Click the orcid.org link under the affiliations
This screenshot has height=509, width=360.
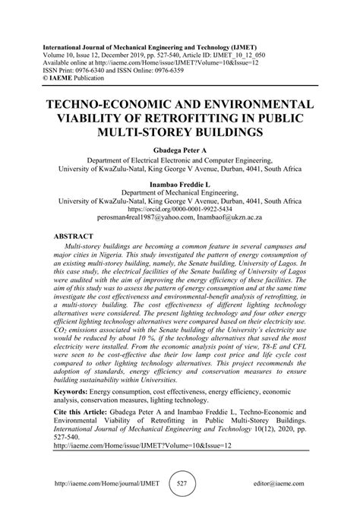tap(180, 208)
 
